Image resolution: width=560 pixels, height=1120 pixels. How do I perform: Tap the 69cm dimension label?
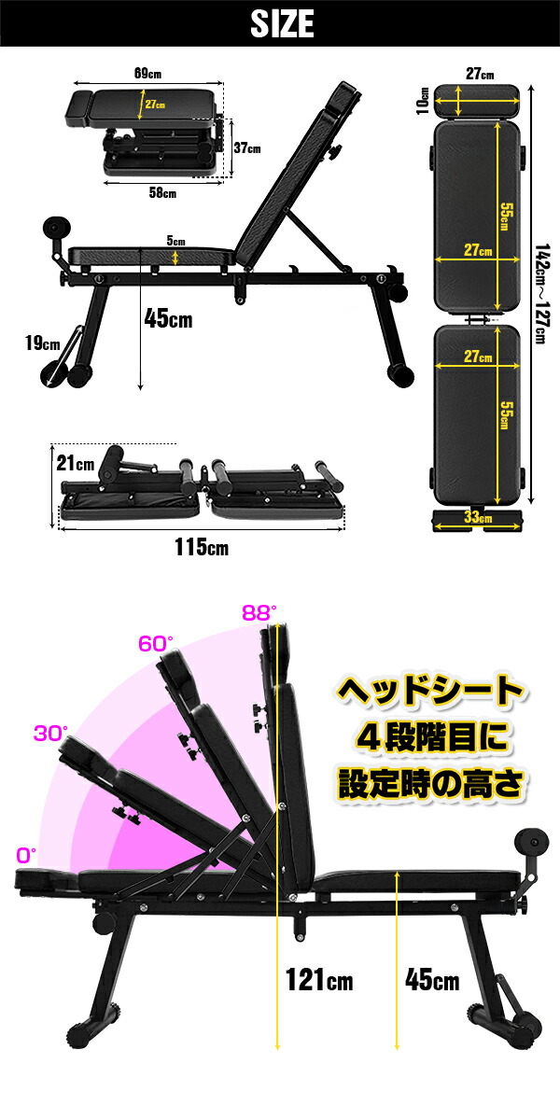[148, 72]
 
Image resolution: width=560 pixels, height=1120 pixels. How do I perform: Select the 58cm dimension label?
[163, 192]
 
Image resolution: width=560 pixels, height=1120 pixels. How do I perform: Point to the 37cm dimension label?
[247, 147]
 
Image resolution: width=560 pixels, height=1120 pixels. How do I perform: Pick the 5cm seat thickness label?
[175, 241]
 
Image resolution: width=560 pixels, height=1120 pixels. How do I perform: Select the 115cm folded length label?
[201, 548]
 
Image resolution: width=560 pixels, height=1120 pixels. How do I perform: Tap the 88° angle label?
[259, 613]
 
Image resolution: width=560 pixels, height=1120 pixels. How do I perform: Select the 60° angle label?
[156, 644]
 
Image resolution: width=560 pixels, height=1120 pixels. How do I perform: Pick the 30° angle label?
[50, 734]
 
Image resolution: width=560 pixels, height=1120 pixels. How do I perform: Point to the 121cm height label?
[320, 980]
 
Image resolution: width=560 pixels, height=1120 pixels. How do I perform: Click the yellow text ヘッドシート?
[428, 693]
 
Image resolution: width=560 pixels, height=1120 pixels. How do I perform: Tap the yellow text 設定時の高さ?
[428, 782]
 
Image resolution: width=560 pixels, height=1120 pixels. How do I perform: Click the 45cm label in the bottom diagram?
[432, 980]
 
